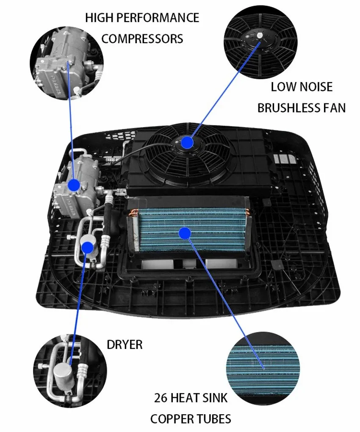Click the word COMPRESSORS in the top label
pos(142,39)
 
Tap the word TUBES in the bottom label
pos(216,419)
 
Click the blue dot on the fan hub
pos(187,142)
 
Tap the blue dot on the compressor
pos(74,185)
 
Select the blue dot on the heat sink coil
pos(184,232)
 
